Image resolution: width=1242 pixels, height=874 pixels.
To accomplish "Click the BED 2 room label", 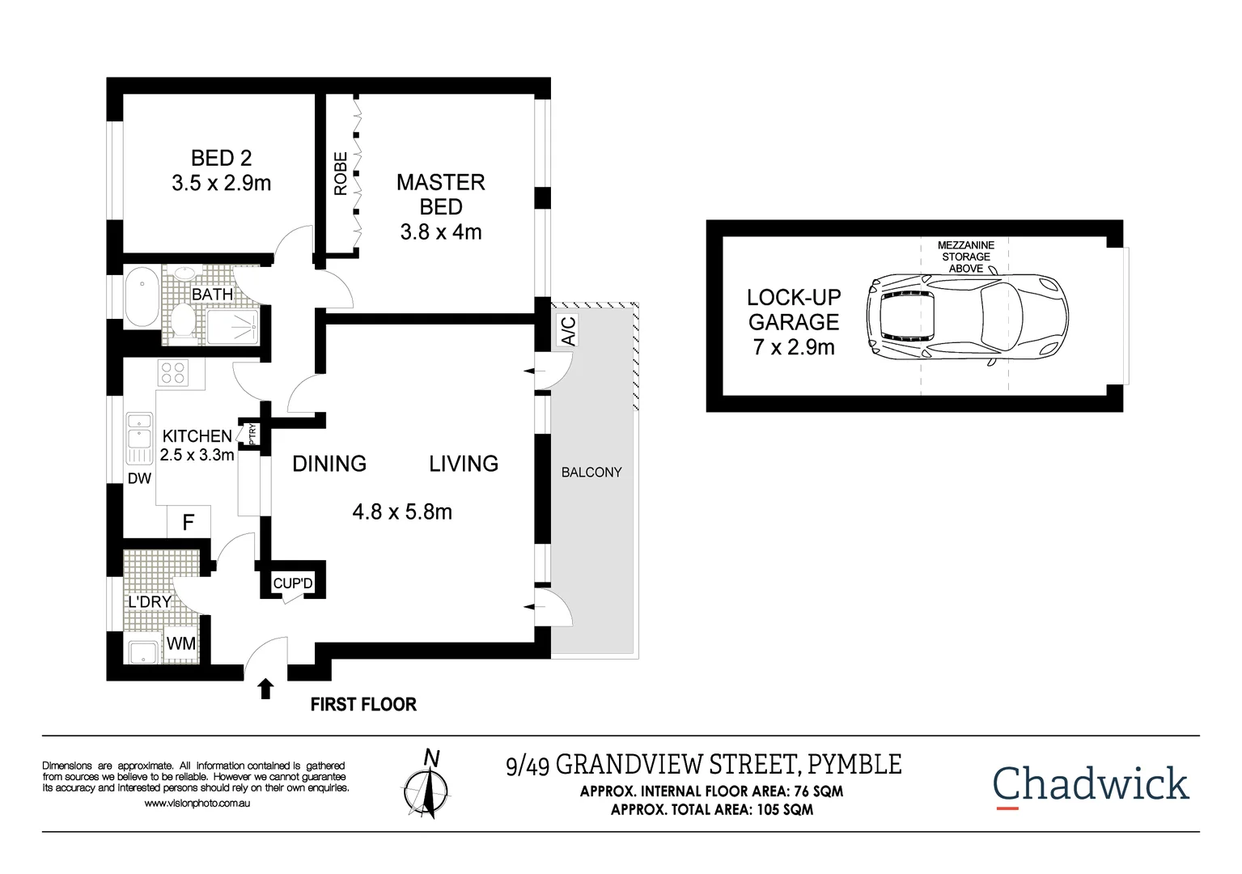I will point(221,158).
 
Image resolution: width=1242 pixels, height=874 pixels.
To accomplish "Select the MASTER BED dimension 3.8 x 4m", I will point(441,232).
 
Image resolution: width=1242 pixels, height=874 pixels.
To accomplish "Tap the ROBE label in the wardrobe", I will point(341,173).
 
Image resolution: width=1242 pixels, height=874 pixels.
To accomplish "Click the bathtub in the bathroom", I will point(142,296).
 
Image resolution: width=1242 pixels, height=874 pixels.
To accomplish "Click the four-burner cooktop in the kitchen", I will point(174,373).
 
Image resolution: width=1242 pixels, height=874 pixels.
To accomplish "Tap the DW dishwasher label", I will point(139,478).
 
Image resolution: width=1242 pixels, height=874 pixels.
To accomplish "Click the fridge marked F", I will point(189,522).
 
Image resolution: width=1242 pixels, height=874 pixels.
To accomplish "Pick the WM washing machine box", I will point(181,643).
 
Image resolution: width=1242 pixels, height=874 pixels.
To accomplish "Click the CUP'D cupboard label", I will point(293,583).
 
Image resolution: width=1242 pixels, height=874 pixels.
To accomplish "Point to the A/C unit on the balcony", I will point(569,330).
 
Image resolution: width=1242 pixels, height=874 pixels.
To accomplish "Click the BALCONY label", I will point(591,473).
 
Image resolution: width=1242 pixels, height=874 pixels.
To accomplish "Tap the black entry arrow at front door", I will point(265,689).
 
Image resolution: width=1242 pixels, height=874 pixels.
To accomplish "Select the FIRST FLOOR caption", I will point(363,705).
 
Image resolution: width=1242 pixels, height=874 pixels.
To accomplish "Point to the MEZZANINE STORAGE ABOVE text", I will point(965,257).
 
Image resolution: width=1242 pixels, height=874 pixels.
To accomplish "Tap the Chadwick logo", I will point(1090,784).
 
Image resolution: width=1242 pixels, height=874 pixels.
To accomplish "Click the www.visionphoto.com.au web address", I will point(197,804).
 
